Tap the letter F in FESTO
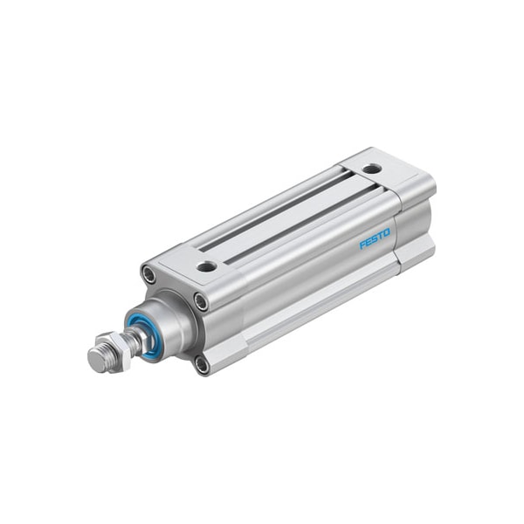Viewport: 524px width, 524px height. pos(363,246)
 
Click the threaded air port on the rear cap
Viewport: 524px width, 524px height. pos(372,169)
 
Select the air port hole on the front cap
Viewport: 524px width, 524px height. pos(206,266)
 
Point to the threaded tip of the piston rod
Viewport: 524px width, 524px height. pos(99,357)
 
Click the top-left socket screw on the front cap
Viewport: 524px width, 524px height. pos(149,276)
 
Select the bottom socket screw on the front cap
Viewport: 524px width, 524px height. pos(202,363)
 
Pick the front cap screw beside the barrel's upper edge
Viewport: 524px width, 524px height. pos(201,303)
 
